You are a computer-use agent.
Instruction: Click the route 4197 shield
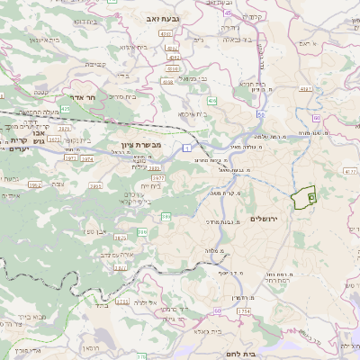click(x=166, y=33)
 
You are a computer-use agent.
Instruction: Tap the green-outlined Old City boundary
click(x=307, y=198)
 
